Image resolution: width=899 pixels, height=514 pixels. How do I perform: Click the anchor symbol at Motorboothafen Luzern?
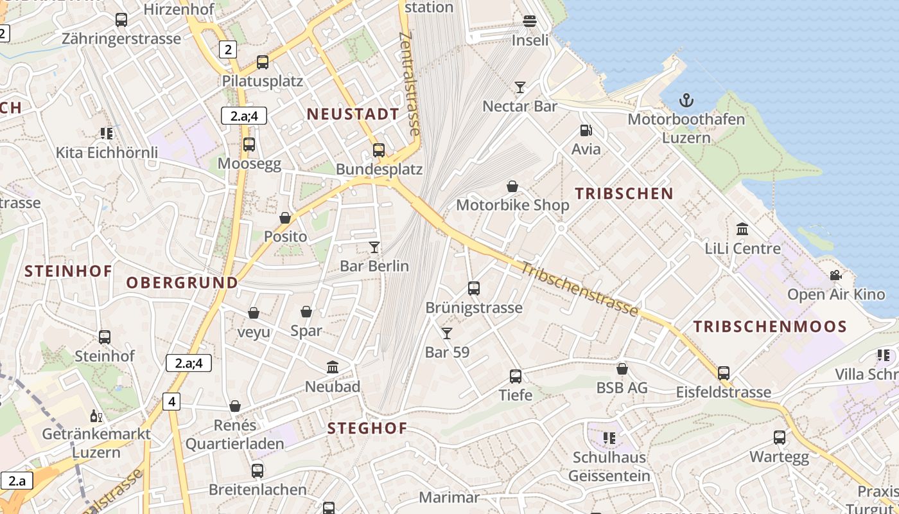pos(686,100)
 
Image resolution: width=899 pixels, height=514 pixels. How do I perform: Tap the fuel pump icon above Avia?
pos(586,130)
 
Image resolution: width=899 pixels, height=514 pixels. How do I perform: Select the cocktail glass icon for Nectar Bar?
pos(520,87)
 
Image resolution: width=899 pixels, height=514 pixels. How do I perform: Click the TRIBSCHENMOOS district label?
pos(770,326)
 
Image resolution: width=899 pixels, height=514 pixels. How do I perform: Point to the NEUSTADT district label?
pos(353,114)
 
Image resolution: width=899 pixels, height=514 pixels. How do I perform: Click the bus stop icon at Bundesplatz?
pos(379,150)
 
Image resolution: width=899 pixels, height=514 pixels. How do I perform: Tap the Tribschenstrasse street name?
pos(579,289)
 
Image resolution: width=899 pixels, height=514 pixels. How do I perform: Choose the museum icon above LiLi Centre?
pos(742,229)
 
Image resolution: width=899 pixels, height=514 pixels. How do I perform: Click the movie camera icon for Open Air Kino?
pos(835,275)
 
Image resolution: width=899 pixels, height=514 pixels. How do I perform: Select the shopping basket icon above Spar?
pos(306,312)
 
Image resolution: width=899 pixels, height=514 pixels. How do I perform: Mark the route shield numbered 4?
pos(171,402)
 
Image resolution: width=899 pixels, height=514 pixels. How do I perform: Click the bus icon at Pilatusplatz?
pos(262,62)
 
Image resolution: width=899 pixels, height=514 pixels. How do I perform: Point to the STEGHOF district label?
pos(367,429)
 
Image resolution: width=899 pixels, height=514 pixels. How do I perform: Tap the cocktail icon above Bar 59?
pos(447,333)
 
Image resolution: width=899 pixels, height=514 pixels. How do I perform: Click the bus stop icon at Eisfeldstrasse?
pos(724,373)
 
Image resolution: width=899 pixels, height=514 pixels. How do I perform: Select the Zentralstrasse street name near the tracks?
pos(408,84)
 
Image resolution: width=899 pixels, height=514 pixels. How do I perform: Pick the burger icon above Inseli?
pos(530,21)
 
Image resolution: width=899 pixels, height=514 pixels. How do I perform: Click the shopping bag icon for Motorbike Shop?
pos(512,186)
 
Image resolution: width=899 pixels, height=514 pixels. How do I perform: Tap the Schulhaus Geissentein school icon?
pos(609,438)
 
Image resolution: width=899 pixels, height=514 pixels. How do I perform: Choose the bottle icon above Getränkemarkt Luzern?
pos(96,416)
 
